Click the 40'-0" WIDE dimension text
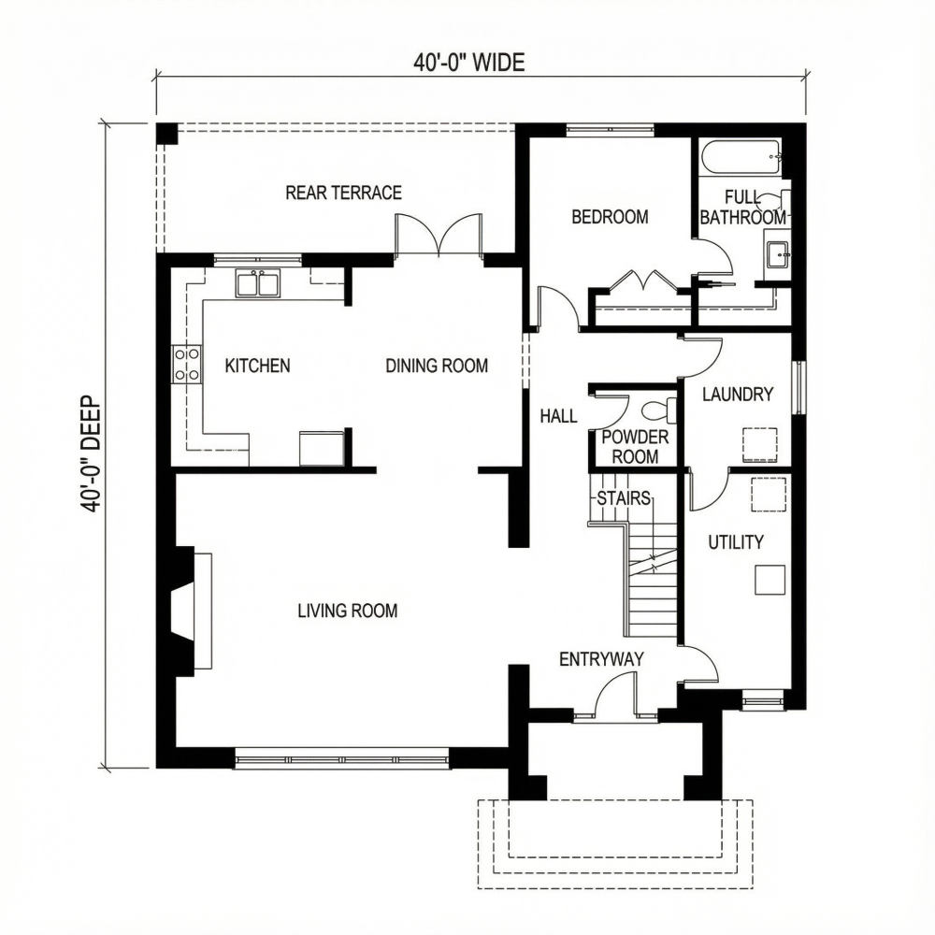click(469, 63)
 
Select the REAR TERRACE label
click(343, 193)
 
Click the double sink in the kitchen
click(257, 282)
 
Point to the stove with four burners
click(186, 364)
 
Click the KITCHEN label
click(257, 366)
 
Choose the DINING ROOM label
click(437, 366)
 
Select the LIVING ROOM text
click(347, 611)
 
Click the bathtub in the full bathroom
click(741, 156)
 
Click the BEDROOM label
click(610, 217)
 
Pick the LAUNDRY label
click(738, 395)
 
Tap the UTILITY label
click(735, 542)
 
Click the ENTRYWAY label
click(601, 659)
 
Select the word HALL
click(558, 417)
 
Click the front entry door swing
click(615, 697)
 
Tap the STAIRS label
click(623, 497)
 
